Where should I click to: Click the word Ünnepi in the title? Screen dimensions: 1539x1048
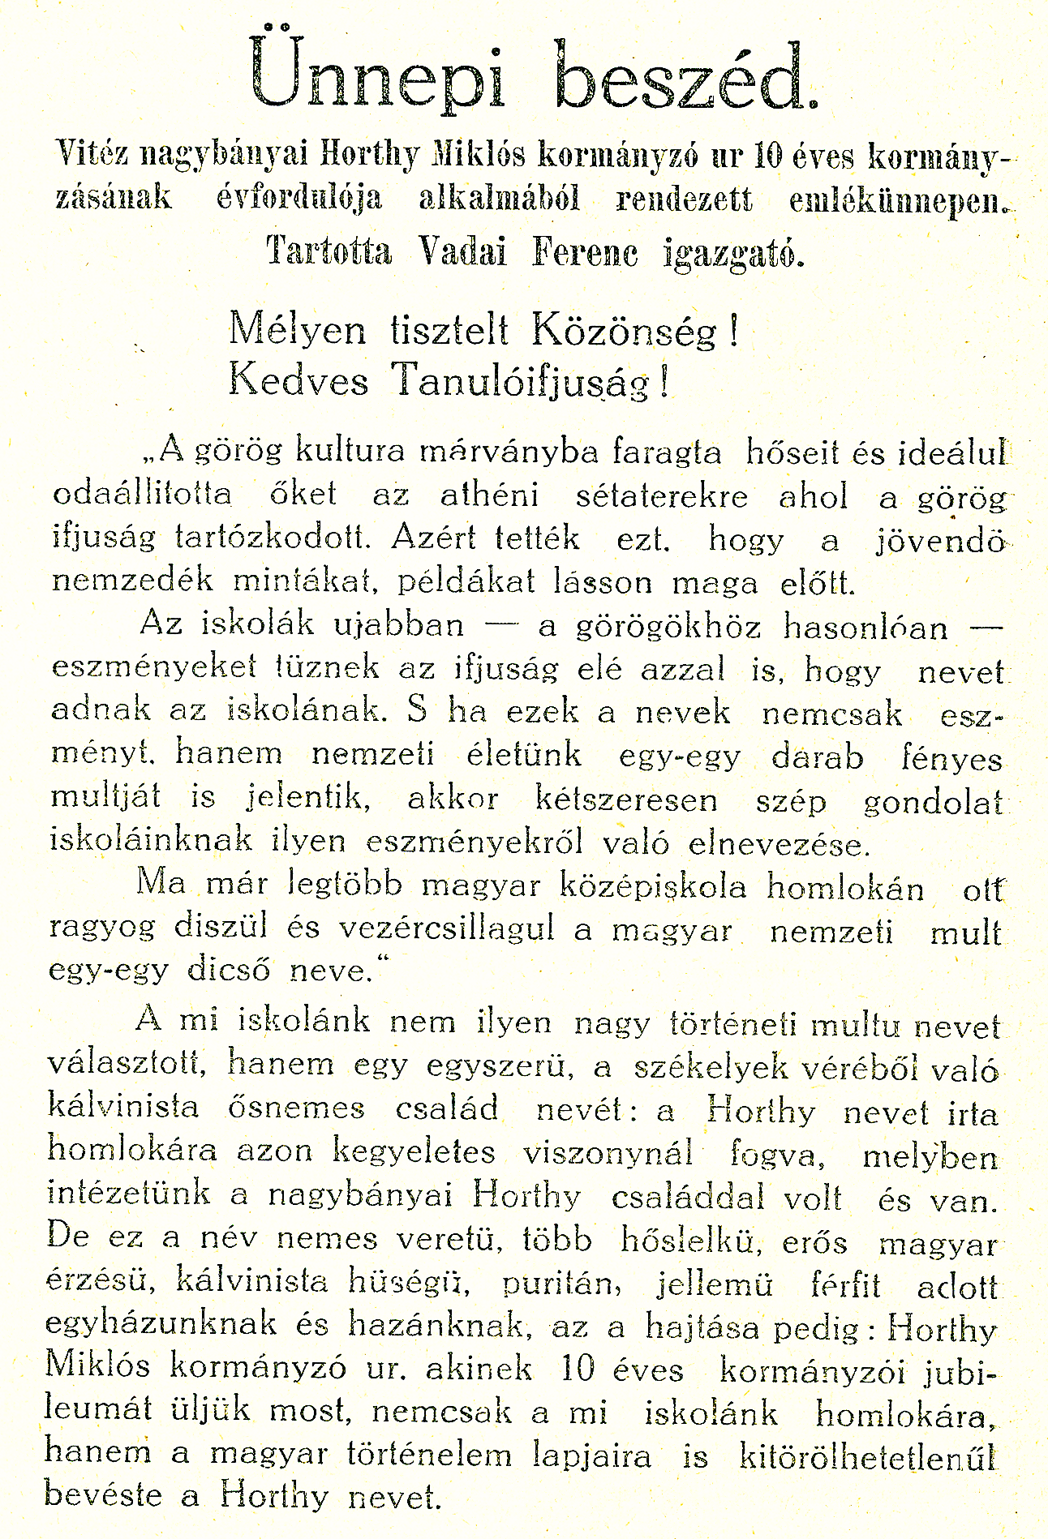(377, 75)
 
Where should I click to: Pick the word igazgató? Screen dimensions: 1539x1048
(734, 253)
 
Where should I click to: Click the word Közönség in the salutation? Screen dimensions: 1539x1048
(625, 331)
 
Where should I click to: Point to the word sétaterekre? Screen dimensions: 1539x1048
(662, 495)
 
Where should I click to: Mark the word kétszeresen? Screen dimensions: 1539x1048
(626, 800)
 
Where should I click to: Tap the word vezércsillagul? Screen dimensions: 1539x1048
(446, 929)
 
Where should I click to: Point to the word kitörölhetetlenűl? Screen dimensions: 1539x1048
(867, 1455)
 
